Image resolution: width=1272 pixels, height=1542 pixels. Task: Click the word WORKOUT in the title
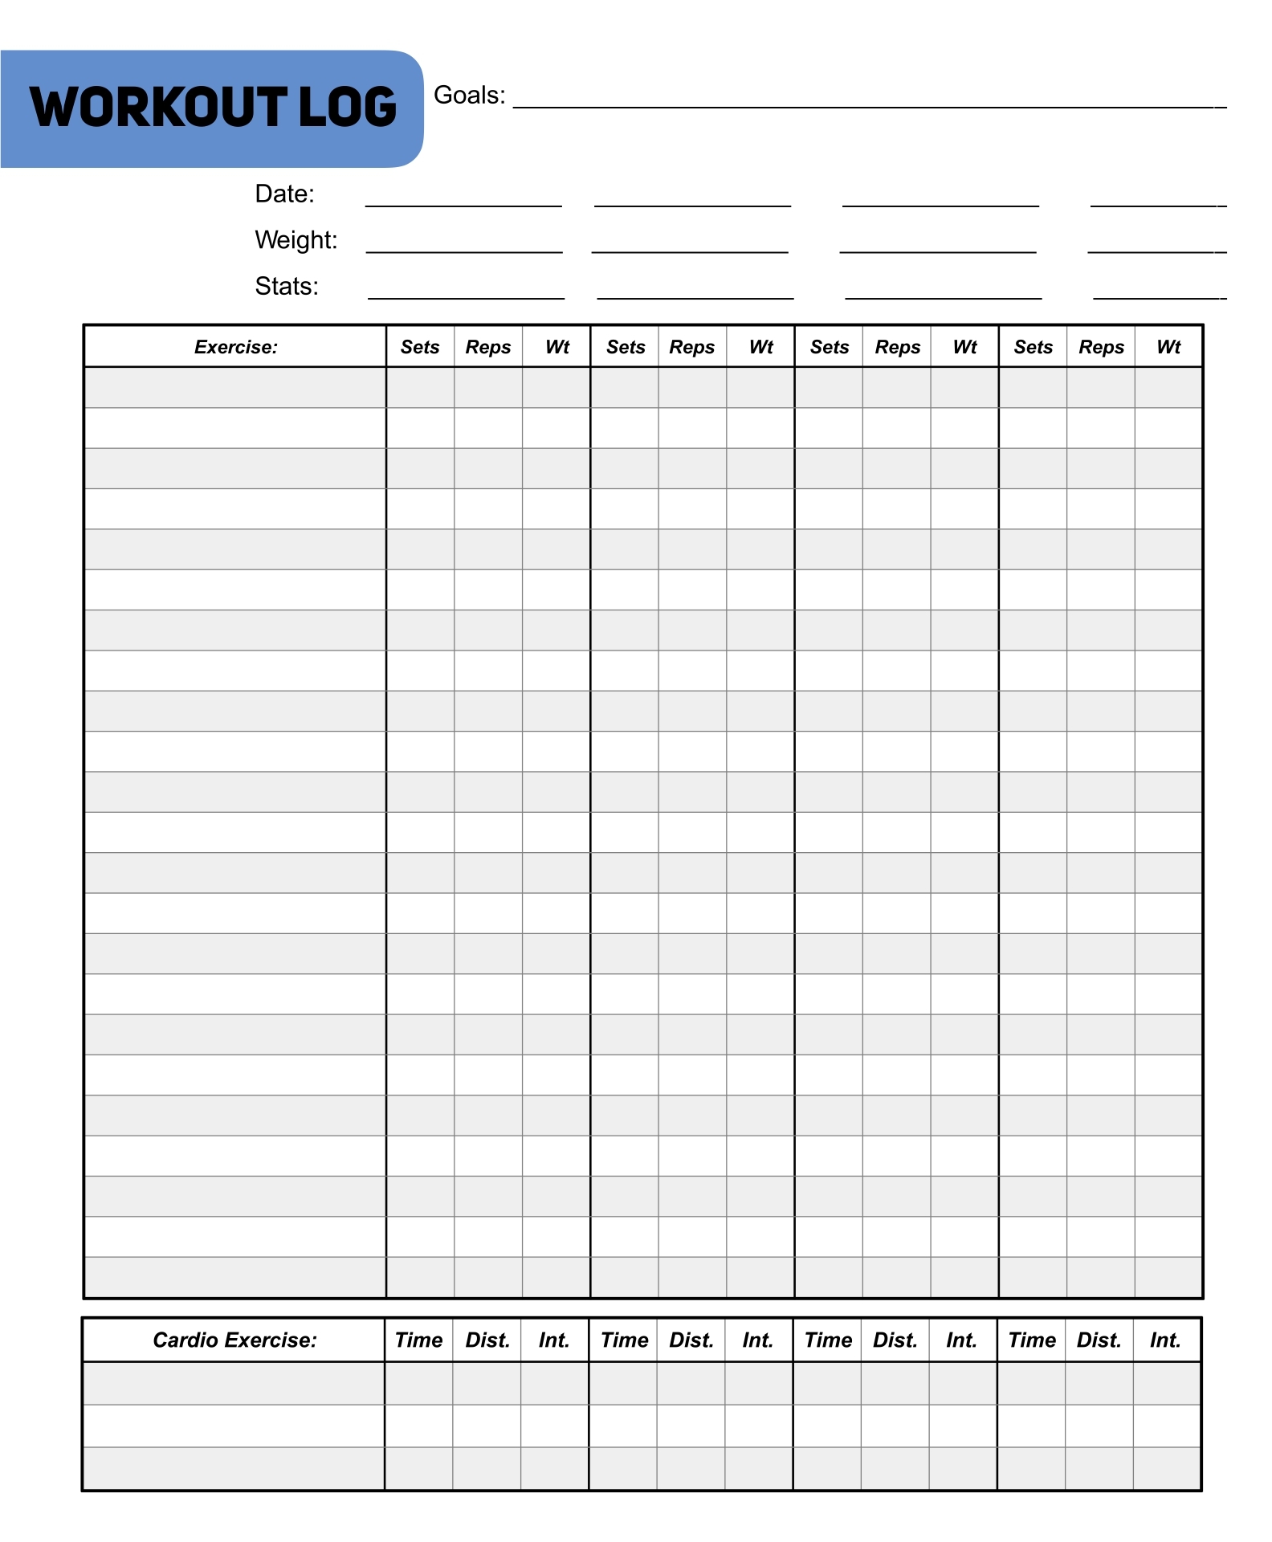[158, 108]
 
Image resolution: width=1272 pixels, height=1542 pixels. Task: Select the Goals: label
[469, 96]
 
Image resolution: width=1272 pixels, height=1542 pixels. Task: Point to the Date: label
[284, 194]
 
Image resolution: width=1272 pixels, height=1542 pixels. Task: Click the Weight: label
[296, 240]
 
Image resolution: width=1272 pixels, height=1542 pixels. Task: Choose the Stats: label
[286, 287]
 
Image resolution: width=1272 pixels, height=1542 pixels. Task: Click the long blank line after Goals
[869, 106]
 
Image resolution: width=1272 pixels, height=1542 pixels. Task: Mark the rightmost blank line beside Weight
[1156, 251]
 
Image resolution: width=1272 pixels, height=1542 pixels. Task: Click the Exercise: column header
[235, 347]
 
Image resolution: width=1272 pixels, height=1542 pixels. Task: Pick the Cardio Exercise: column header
[234, 1340]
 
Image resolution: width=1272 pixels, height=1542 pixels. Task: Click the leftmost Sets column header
[420, 347]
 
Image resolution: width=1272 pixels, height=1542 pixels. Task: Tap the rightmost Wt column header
[1168, 347]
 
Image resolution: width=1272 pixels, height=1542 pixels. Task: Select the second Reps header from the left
[692, 347]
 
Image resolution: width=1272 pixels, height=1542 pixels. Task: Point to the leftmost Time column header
[418, 1340]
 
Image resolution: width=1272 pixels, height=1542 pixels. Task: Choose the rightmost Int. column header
[1165, 1340]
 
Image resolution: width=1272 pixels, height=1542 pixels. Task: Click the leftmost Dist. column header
[487, 1340]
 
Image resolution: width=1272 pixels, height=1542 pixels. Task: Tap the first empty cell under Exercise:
[235, 388]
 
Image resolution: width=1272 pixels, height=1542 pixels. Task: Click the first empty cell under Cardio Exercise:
[234, 1384]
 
